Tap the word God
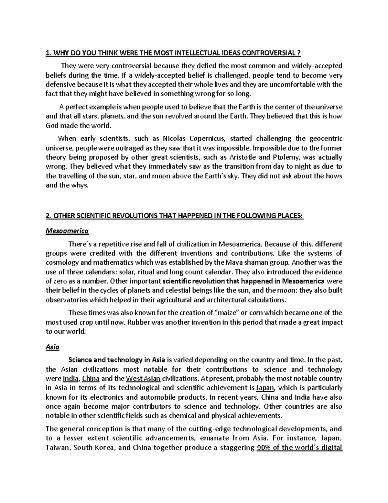52,126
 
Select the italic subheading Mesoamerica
67,231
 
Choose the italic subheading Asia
52,347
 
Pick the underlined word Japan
265,388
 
